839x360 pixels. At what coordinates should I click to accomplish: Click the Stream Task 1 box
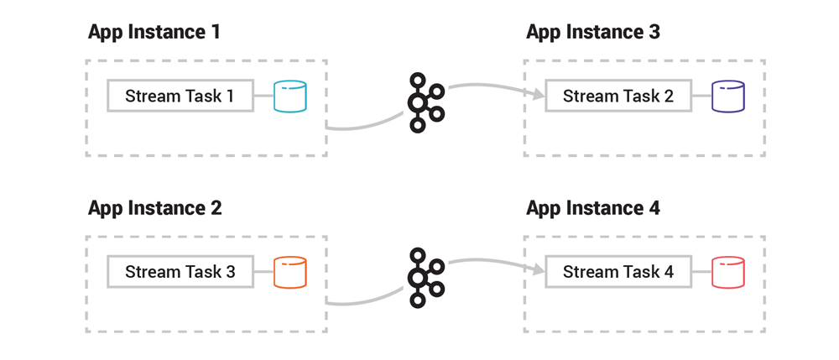pos(179,96)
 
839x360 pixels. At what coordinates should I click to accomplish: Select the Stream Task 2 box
pos(618,96)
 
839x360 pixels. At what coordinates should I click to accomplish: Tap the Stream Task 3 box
pos(179,272)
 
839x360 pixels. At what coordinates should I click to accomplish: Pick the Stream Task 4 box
pos(618,272)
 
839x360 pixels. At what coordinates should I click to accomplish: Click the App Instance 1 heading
pos(154,32)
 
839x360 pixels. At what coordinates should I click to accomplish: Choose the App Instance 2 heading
pos(154,208)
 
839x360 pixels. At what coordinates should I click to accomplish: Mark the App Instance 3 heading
pos(593,32)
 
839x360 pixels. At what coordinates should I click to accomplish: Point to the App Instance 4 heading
pos(593,208)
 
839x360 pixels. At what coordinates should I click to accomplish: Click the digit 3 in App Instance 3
pos(654,32)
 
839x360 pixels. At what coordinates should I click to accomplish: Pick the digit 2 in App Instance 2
pos(216,208)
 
